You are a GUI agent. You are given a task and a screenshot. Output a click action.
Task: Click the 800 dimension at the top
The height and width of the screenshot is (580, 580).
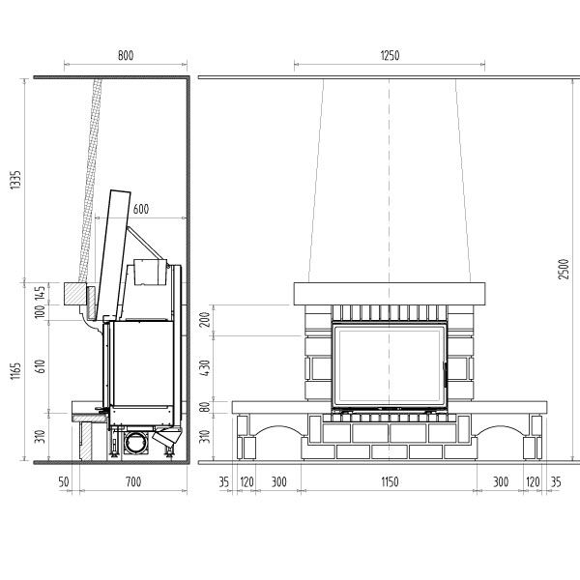tap(126, 55)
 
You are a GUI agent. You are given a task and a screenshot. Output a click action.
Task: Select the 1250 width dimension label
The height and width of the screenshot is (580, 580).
tap(390, 55)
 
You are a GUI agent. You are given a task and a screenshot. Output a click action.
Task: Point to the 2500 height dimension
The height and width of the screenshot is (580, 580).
tap(564, 270)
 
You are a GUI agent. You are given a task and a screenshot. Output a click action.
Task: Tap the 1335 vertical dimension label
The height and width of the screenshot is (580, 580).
tap(15, 180)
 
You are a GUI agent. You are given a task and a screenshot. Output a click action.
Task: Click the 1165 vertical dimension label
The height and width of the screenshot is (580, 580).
tap(15, 371)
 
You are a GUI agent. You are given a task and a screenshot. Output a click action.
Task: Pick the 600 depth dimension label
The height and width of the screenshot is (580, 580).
tap(141, 209)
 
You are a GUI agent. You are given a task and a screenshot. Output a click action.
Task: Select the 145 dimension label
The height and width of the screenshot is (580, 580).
tap(40, 293)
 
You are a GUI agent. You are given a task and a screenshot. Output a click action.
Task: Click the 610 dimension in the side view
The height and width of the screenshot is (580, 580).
tap(40, 366)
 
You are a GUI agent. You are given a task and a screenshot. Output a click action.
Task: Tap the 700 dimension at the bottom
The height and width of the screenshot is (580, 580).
tap(133, 481)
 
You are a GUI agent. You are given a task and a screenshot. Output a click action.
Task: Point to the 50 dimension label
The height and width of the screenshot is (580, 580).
tap(64, 481)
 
